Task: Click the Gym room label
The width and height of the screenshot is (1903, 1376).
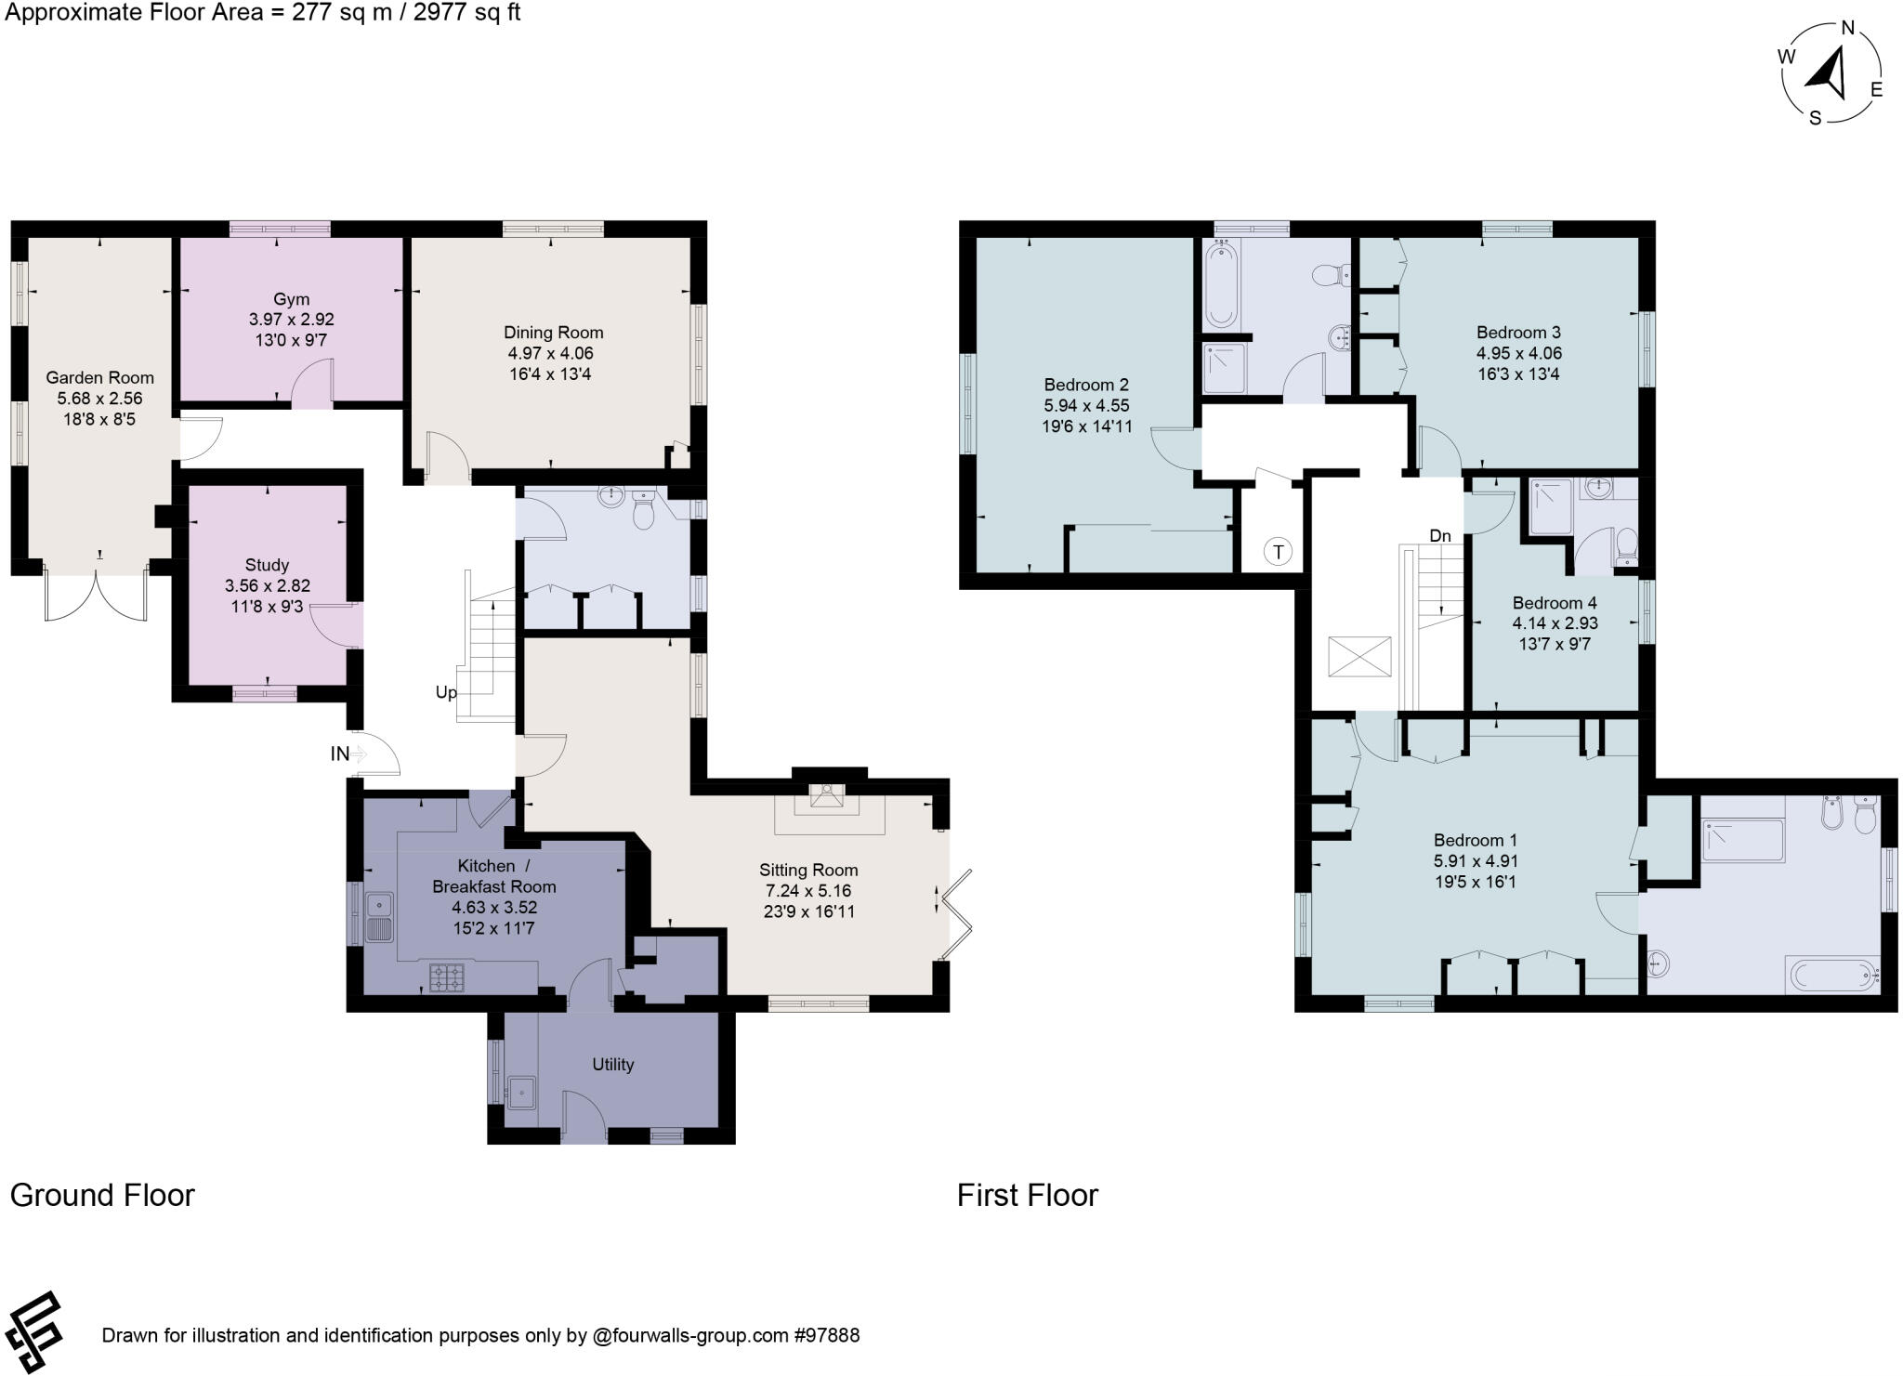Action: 291,299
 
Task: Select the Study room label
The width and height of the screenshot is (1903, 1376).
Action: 267,565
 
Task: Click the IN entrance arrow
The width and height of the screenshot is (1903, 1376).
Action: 358,754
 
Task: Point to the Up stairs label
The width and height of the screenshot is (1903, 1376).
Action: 446,692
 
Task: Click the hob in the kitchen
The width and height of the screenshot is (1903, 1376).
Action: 447,976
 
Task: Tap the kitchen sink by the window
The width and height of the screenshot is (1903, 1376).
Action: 381,916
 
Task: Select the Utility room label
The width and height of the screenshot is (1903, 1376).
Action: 612,1065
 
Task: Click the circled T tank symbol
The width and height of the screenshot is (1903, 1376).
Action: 1279,552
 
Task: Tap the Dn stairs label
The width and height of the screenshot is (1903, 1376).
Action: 1439,536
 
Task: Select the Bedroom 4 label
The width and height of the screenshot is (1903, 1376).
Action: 1555,603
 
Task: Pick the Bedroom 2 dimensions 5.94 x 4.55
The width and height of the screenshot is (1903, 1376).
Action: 1086,405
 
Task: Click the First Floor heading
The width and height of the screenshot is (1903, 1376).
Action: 1027,1195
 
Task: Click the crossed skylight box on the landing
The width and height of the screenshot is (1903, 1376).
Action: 1359,657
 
